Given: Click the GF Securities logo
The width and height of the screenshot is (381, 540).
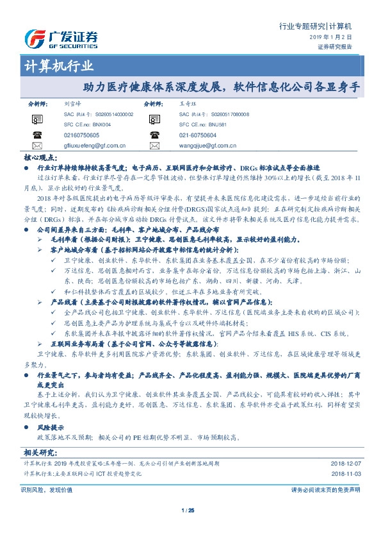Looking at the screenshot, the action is tap(61, 39).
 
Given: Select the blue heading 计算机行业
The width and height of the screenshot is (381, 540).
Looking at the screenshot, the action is tap(58, 66).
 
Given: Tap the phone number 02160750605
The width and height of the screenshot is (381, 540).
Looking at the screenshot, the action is tap(82, 135).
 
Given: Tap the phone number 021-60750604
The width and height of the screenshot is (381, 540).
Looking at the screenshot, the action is tap(198, 135).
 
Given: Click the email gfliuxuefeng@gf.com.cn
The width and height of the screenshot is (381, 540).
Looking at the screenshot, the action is tap(93, 146).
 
